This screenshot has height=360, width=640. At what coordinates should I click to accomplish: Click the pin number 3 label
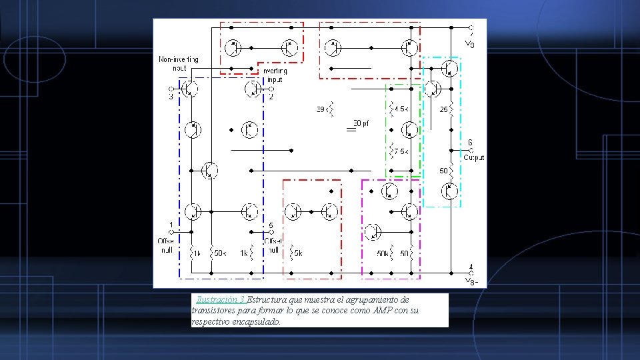171,97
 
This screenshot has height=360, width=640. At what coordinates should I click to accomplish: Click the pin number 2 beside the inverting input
271,97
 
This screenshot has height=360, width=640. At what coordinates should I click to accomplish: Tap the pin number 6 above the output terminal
470,142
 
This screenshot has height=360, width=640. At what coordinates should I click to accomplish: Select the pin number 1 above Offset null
171,225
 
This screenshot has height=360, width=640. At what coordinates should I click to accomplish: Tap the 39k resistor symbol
333,109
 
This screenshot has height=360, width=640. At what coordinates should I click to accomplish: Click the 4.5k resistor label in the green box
401,108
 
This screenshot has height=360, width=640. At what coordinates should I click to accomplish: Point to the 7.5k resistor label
401,152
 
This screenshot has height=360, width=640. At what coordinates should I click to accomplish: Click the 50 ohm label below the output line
443,171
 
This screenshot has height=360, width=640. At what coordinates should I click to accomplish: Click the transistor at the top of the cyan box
451,67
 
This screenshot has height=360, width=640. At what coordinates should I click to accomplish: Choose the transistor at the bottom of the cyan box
451,191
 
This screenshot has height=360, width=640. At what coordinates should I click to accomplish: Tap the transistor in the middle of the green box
410,129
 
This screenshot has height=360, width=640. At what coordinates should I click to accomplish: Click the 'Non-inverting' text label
178,59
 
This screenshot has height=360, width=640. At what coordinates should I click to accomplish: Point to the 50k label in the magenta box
383,253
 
